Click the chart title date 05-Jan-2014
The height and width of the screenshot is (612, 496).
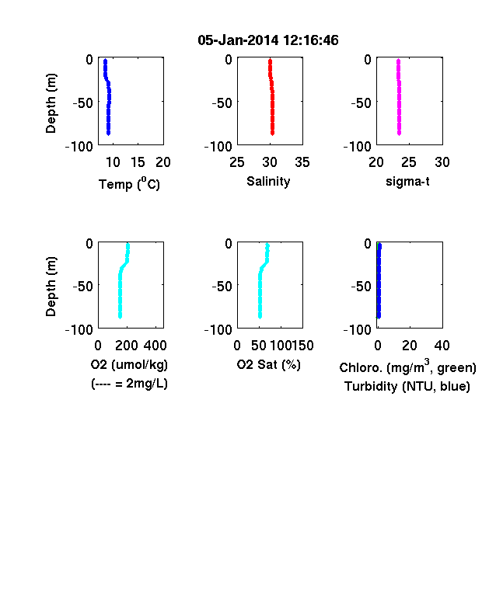click(238, 40)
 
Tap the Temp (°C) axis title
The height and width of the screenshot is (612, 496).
click(129, 183)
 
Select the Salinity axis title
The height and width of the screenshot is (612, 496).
click(268, 182)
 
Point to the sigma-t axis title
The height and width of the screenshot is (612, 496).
click(407, 182)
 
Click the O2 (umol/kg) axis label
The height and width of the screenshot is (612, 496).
click(129, 364)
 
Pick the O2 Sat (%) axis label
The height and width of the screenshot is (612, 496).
click(269, 364)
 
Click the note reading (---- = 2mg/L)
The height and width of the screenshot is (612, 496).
click(129, 384)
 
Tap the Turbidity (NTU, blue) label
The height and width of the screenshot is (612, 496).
click(407, 387)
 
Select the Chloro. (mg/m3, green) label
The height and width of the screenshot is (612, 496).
click(407, 367)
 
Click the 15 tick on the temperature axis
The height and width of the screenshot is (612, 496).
click(138, 162)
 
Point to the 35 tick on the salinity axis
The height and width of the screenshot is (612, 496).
click(302, 162)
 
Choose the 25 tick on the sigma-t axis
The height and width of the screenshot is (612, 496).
click(409, 162)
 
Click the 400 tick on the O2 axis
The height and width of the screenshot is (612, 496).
click(155, 346)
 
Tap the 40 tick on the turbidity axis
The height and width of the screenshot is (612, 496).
click(442, 346)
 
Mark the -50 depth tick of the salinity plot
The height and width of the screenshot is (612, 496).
click(222, 103)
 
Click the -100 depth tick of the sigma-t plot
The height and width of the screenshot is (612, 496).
click(358, 147)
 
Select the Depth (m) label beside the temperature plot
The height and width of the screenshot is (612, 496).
click(51, 103)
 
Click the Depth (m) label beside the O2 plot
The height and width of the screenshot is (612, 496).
click(51, 287)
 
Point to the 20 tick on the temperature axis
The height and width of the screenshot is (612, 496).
click(163, 162)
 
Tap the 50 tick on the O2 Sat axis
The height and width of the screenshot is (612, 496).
click(259, 346)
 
